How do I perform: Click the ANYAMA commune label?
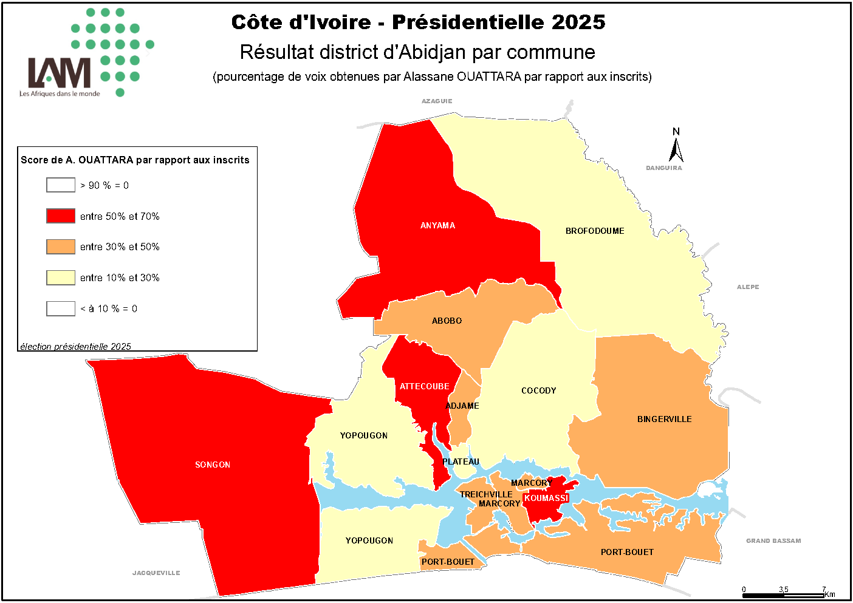tap(437, 225)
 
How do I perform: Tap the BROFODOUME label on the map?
tap(595, 231)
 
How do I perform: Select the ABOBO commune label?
tap(447, 321)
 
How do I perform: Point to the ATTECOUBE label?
tap(424, 386)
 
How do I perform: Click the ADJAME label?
tap(462, 406)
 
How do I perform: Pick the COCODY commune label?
tap(538, 390)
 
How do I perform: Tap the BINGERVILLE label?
tap(664, 419)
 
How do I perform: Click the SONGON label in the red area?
tap(213, 465)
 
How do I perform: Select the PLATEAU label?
tap(461, 462)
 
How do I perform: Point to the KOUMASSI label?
tap(546, 498)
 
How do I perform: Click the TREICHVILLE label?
tap(486, 494)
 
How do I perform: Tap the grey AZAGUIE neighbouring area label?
tap(437, 101)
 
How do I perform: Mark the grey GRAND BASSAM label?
tap(773, 540)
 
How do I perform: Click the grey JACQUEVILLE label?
tap(156, 573)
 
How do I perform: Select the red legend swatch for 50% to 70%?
tap(61, 216)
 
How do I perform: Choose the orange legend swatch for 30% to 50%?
tap(61, 247)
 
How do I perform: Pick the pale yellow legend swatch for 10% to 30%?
tap(61, 278)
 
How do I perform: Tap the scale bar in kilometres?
tap(783, 595)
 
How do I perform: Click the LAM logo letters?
tap(60, 73)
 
